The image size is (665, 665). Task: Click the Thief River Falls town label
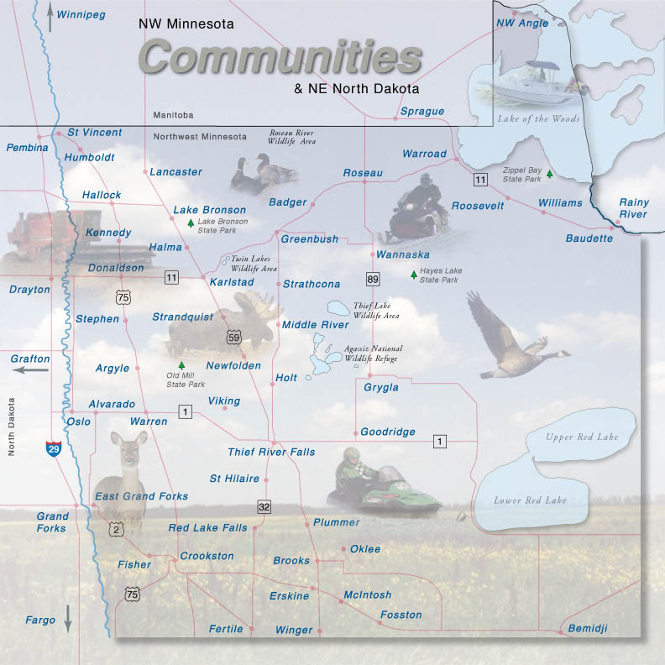(x=271, y=452)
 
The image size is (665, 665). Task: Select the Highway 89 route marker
(x=372, y=278)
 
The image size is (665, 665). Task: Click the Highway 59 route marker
(x=233, y=338)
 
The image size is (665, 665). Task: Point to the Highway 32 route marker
(x=264, y=507)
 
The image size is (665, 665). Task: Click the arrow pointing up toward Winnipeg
(x=50, y=18)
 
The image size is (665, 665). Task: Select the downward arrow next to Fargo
(x=68, y=619)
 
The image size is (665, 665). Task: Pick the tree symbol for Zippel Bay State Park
(x=549, y=174)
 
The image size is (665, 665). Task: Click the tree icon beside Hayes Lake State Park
(x=413, y=275)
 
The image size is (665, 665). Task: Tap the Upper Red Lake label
(x=581, y=437)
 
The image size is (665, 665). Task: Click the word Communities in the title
(x=280, y=57)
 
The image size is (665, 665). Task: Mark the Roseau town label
(x=363, y=173)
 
